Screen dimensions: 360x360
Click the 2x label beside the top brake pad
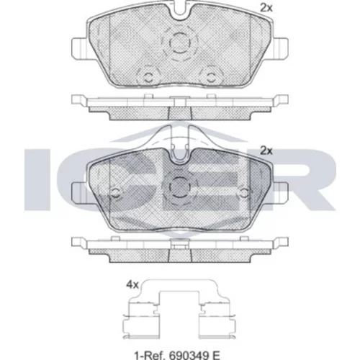click(x=266, y=9)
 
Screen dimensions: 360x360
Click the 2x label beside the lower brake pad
click(x=266, y=151)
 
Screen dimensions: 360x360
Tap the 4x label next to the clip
click(x=132, y=285)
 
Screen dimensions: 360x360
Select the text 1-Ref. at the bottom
click(x=150, y=354)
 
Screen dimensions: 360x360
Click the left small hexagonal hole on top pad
click(x=148, y=77)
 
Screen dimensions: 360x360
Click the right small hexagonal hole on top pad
click(x=212, y=77)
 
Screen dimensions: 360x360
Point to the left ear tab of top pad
click(x=79, y=48)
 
